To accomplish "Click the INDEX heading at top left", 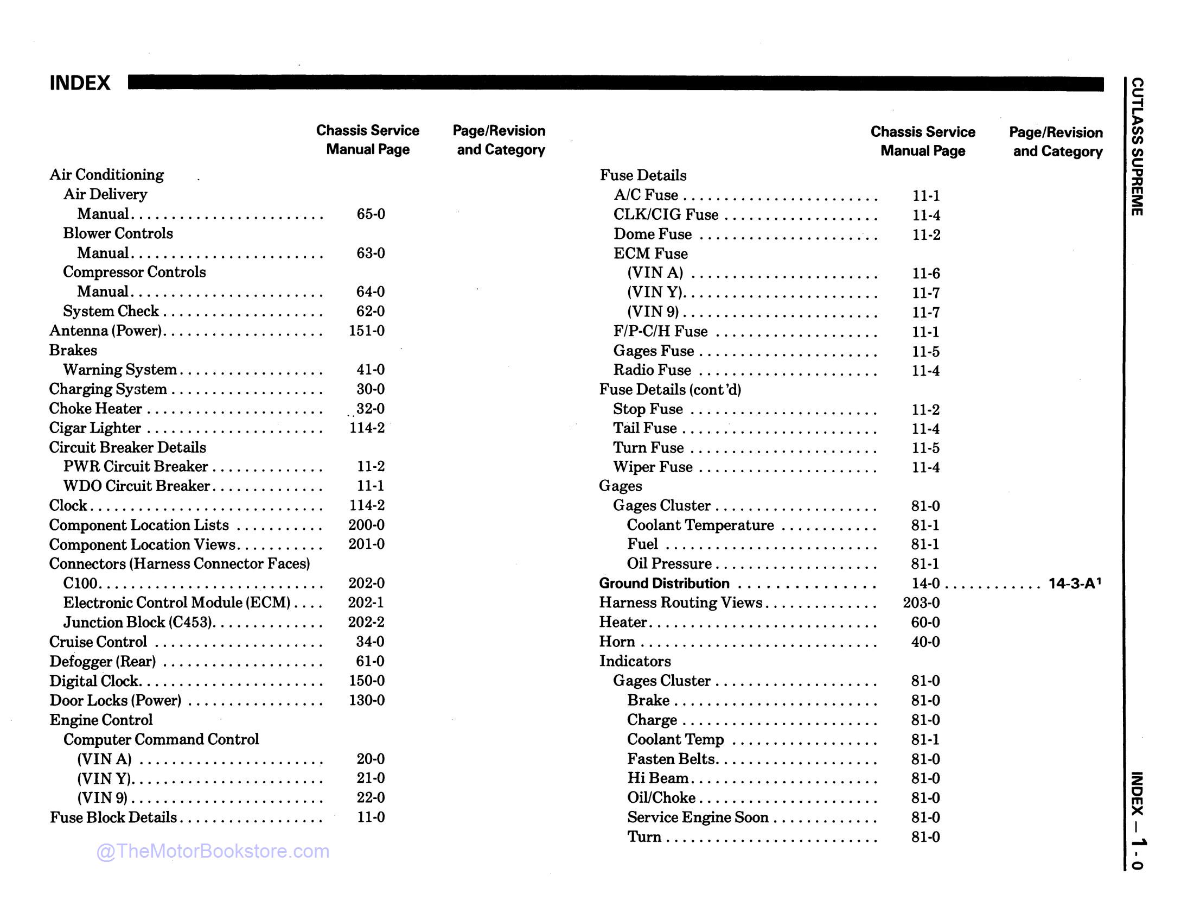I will pos(80,83).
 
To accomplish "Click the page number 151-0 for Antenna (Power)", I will pos(367,331).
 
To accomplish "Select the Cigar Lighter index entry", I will pos(95,428).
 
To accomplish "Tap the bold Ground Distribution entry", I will pos(664,584).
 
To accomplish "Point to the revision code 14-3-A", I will pos(1074,584).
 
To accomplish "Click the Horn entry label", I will pos(617,642).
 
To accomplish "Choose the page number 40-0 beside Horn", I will pos(925,642).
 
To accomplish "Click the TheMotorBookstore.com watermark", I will pos(213,851).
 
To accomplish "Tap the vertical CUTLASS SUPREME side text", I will pos(1137,147).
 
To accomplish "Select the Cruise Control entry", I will pos(98,642).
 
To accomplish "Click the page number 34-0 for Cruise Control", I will pos(370,642).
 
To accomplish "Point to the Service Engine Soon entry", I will pos(698,817).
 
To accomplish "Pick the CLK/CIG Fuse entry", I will pos(666,215).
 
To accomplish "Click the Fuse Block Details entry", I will pos(113,817).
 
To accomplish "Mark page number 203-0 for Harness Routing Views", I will pos(921,603).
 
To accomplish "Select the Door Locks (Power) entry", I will pos(116,700).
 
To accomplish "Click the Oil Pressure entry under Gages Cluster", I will pos(669,563).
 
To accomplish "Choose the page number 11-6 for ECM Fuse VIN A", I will pos(925,274).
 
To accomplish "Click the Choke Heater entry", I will pos(95,408).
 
